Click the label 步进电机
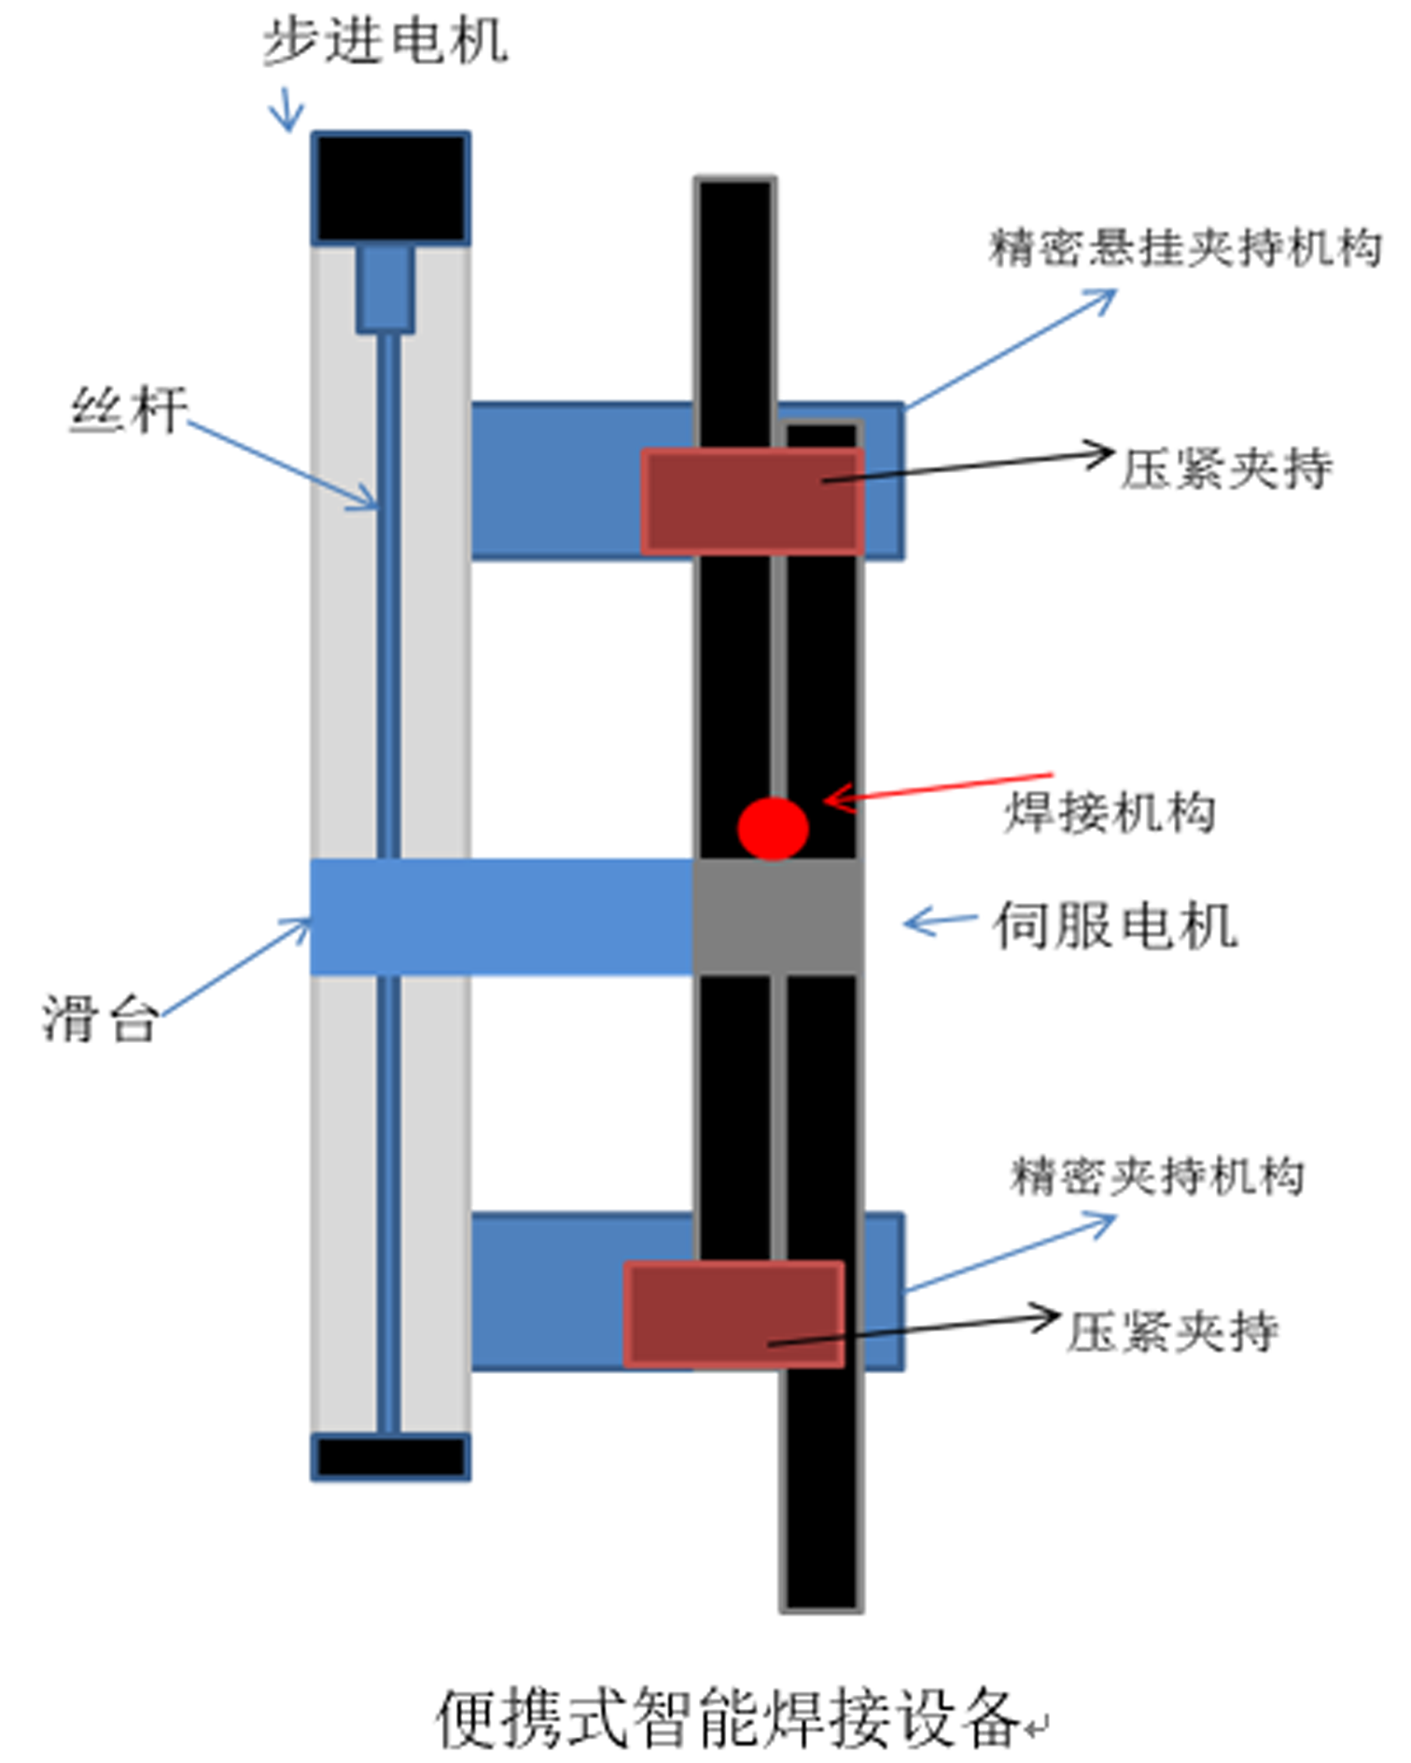[x=384, y=42]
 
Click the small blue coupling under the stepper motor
[x=385, y=288]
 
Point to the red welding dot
[x=773, y=828]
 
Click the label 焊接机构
[x=1110, y=812]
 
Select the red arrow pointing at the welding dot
[x=938, y=788]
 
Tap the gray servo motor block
[x=776, y=917]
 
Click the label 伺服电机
[x=1115, y=925]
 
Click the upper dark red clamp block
[x=751, y=502]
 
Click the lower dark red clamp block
[x=734, y=1314]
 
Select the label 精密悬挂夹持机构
[x=1185, y=248]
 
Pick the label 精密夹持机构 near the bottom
[x=1157, y=1175]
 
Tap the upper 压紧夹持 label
[x=1225, y=468]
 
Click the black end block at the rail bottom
[x=390, y=1456]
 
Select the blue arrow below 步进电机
[x=286, y=110]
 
